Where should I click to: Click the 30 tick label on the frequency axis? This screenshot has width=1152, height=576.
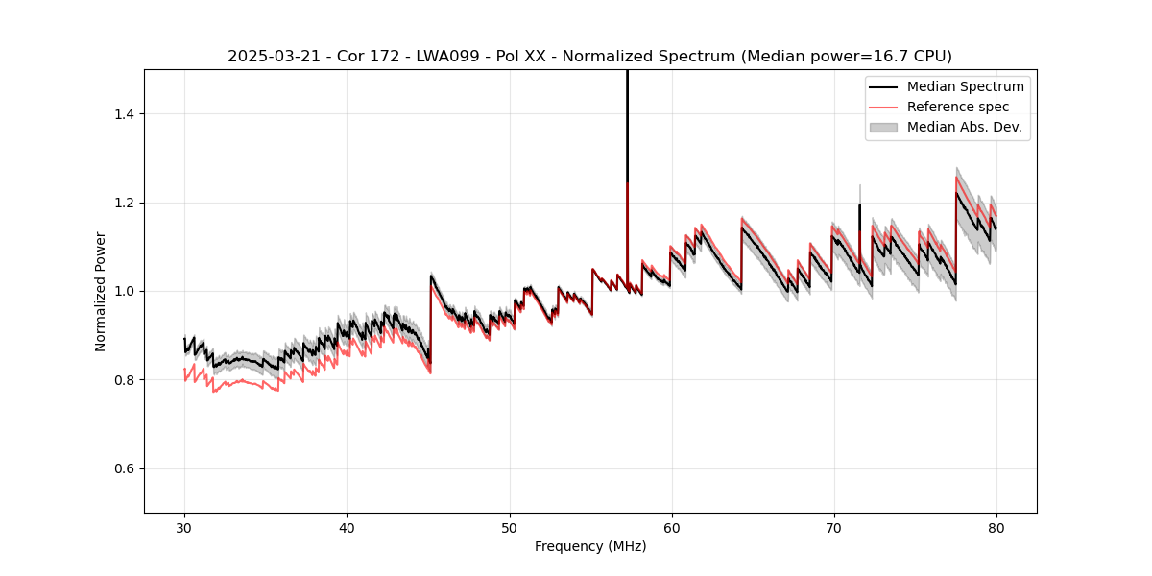tap(184, 527)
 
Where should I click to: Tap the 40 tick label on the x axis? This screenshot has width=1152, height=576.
tap(347, 527)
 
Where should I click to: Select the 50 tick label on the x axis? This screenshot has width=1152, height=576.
tap(509, 527)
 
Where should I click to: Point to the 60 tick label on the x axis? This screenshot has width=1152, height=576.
tap(671, 527)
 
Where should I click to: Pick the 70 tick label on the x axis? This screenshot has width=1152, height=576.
tap(833, 527)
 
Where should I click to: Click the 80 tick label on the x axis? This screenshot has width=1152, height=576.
tap(996, 527)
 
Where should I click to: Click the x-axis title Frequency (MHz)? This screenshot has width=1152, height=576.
tap(590, 546)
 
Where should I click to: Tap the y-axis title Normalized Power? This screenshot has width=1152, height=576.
tap(101, 291)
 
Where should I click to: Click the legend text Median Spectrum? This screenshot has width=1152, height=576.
tap(965, 86)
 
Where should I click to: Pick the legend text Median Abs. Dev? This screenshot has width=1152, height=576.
tap(964, 127)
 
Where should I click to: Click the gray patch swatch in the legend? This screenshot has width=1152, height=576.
tap(883, 127)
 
